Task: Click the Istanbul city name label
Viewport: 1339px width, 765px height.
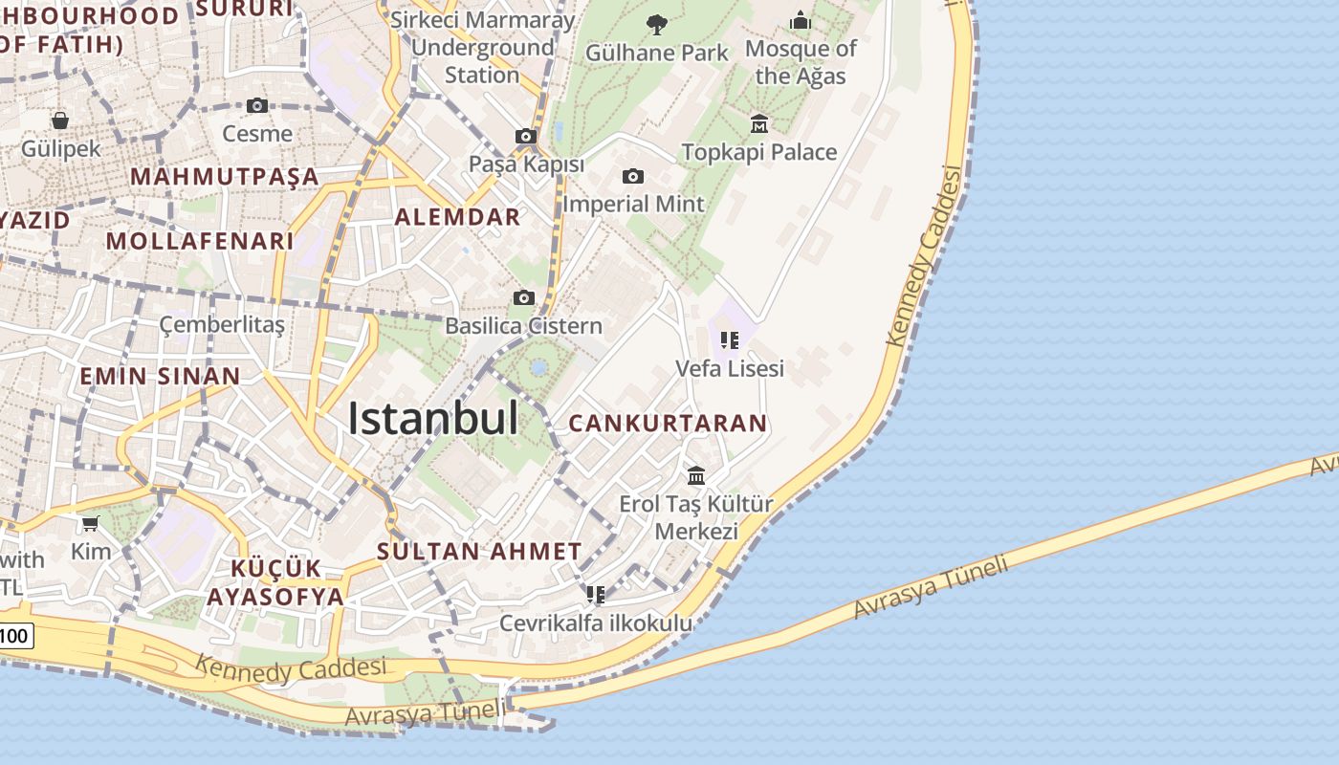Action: point(433,419)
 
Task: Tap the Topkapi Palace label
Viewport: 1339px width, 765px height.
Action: point(758,152)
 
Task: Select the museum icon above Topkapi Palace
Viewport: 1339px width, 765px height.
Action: point(759,123)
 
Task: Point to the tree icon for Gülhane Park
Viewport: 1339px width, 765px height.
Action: point(656,24)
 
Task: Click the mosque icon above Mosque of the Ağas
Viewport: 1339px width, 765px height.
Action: point(801,20)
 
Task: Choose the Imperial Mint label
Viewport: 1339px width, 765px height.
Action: point(633,204)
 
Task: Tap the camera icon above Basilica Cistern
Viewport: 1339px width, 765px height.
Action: point(523,297)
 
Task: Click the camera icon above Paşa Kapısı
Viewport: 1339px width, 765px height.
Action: point(526,136)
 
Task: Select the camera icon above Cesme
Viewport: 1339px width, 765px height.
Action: point(256,105)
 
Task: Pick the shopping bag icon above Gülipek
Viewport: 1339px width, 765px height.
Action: point(60,120)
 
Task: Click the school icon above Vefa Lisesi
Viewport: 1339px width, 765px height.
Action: point(730,339)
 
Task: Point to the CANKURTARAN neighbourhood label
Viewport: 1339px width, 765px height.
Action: point(669,423)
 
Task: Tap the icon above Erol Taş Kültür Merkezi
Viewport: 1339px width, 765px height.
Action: point(696,475)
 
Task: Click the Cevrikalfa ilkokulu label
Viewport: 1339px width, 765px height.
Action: point(596,623)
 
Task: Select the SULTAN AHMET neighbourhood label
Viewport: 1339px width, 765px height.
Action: point(479,551)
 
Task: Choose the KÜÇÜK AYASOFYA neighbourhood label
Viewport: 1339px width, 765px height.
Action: point(274,583)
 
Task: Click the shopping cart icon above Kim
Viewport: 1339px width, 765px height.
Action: point(91,523)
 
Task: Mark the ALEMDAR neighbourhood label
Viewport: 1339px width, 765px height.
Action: point(458,217)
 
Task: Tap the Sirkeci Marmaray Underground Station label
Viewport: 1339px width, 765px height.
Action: point(483,47)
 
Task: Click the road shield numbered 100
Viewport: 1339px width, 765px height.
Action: point(15,635)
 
